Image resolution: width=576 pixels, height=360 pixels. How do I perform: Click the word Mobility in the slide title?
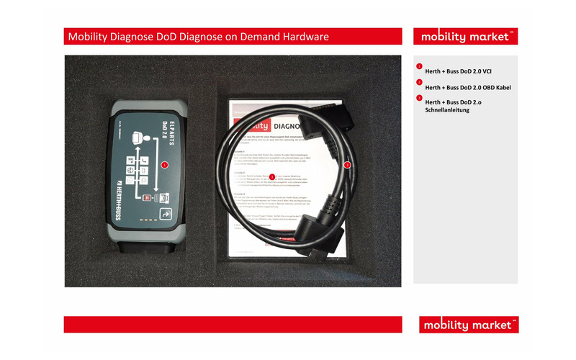pyautogui.click(x=89, y=36)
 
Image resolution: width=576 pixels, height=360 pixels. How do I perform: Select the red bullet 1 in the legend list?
pyautogui.click(x=419, y=67)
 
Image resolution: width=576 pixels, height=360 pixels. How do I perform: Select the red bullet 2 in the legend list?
pyautogui.click(x=419, y=83)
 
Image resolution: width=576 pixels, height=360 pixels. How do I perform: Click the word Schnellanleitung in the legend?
pyautogui.click(x=448, y=111)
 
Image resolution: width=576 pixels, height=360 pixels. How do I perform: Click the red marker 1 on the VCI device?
pyautogui.click(x=165, y=165)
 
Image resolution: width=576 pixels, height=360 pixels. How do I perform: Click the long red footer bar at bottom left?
pyautogui.click(x=231, y=324)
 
